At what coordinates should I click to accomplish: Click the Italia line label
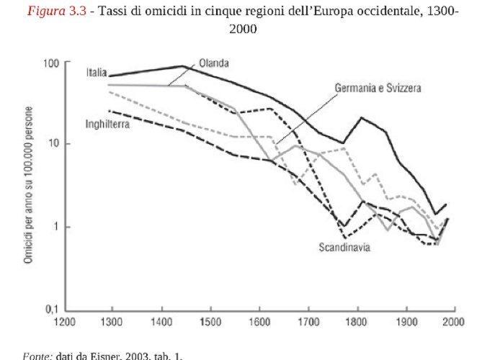(97, 72)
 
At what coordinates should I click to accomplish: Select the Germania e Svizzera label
(378, 88)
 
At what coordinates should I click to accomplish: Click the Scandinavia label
(344, 248)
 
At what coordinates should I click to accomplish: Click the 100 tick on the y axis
(50, 63)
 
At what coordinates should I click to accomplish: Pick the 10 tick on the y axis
(53, 144)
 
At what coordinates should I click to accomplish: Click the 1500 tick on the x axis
(211, 322)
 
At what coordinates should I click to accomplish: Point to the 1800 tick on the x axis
(357, 322)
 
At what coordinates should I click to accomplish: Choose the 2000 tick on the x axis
(454, 322)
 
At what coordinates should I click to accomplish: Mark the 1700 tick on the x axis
(308, 322)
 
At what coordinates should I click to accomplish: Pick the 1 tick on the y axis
(55, 227)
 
